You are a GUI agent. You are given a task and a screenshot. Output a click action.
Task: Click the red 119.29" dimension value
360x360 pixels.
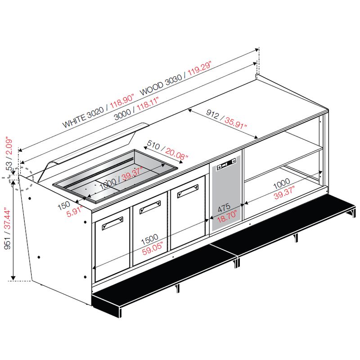(x=199, y=68)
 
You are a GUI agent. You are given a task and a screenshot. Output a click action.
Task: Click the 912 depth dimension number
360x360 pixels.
(x=212, y=114)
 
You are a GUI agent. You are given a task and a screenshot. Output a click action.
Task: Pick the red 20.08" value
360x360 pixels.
(x=176, y=153)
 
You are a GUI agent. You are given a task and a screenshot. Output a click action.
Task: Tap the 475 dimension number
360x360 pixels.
(x=224, y=207)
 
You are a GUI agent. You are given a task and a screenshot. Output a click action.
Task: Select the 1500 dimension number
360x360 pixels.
(x=149, y=239)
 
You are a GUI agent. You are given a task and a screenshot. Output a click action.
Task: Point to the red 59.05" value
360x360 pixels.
(x=153, y=248)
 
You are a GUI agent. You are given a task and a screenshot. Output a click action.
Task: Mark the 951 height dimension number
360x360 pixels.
(x=7, y=243)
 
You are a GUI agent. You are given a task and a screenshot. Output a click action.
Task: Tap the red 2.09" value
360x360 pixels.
(x=9, y=147)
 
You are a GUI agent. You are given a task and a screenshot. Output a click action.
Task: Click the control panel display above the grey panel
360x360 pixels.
(x=226, y=164)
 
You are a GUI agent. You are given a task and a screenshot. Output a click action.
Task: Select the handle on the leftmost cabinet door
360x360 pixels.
(x=112, y=223)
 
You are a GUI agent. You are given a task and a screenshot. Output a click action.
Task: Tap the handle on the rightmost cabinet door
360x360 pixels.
(x=188, y=191)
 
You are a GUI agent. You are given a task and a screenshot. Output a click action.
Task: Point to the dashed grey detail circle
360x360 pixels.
(x=22, y=178)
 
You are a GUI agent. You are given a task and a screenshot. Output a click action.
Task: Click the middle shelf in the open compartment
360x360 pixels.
(x=284, y=163)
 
